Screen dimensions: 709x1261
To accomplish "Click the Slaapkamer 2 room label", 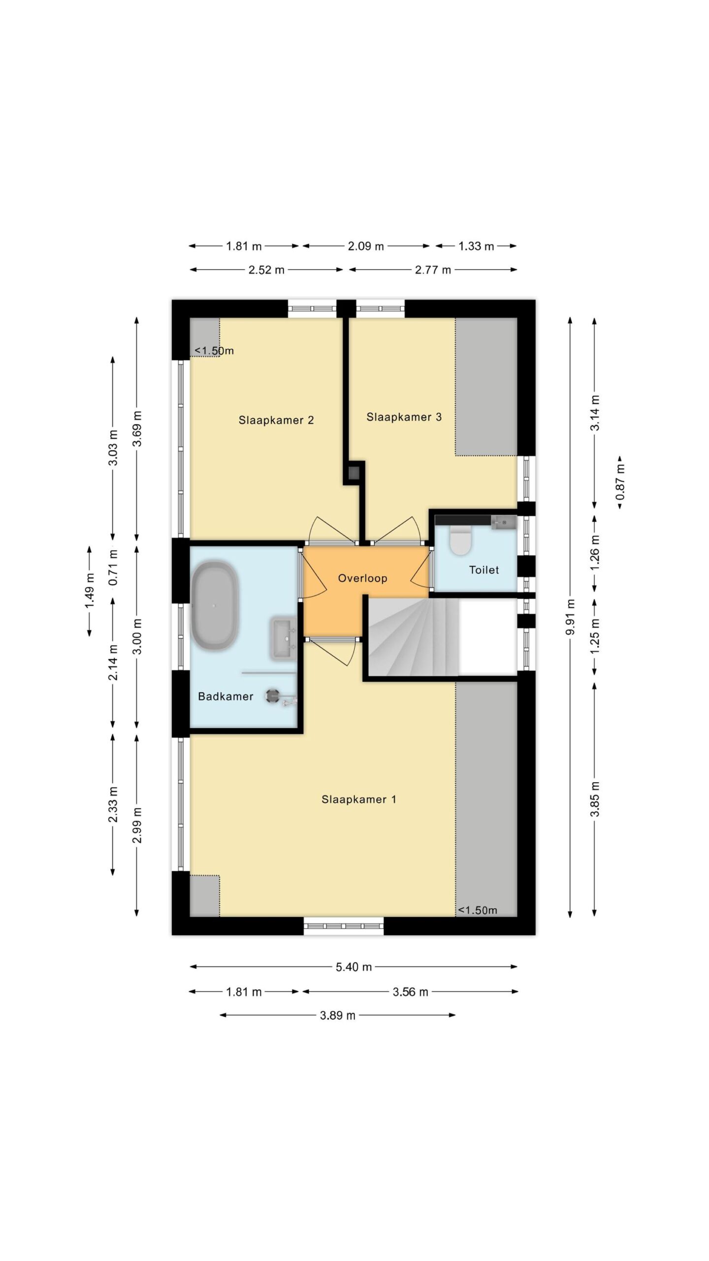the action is [x=276, y=420].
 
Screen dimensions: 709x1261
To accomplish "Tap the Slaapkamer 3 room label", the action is [x=404, y=417].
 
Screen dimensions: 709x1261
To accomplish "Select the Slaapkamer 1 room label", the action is [x=358, y=799].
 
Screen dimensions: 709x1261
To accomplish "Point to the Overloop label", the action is [x=362, y=578].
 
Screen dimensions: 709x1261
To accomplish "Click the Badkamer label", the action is [x=226, y=697].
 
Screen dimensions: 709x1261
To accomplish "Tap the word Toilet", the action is [x=484, y=570].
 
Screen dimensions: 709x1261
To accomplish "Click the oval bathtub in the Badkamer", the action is [x=215, y=605].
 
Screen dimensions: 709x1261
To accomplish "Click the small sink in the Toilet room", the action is [x=504, y=522].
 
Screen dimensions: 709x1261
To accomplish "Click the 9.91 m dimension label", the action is [x=570, y=617].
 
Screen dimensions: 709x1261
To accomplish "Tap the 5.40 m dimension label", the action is [x=354, y=967].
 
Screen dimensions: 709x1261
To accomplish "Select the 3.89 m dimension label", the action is [x=337, y=1015].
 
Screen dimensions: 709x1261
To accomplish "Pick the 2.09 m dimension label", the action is [x=366, y=246].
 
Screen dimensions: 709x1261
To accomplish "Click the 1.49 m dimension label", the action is [x=90, y=591].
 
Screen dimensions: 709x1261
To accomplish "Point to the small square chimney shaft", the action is [x=354, y=473].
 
